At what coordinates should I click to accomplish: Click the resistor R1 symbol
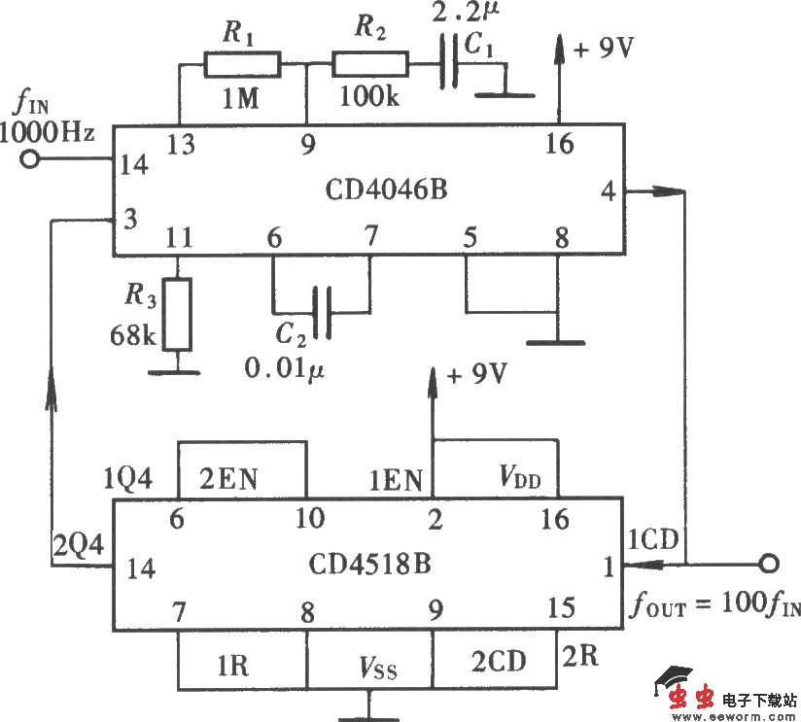point(242,66)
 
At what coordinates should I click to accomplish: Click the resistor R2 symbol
point(371,66)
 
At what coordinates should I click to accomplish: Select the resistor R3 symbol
point(177,314)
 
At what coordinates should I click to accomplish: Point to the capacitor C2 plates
point(322,313)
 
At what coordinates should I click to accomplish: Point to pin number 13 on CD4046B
point(180,146)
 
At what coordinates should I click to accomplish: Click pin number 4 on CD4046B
point(608,190)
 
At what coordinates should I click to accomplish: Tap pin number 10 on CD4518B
point(309,520)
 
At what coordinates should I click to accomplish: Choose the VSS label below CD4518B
point(374,669)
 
